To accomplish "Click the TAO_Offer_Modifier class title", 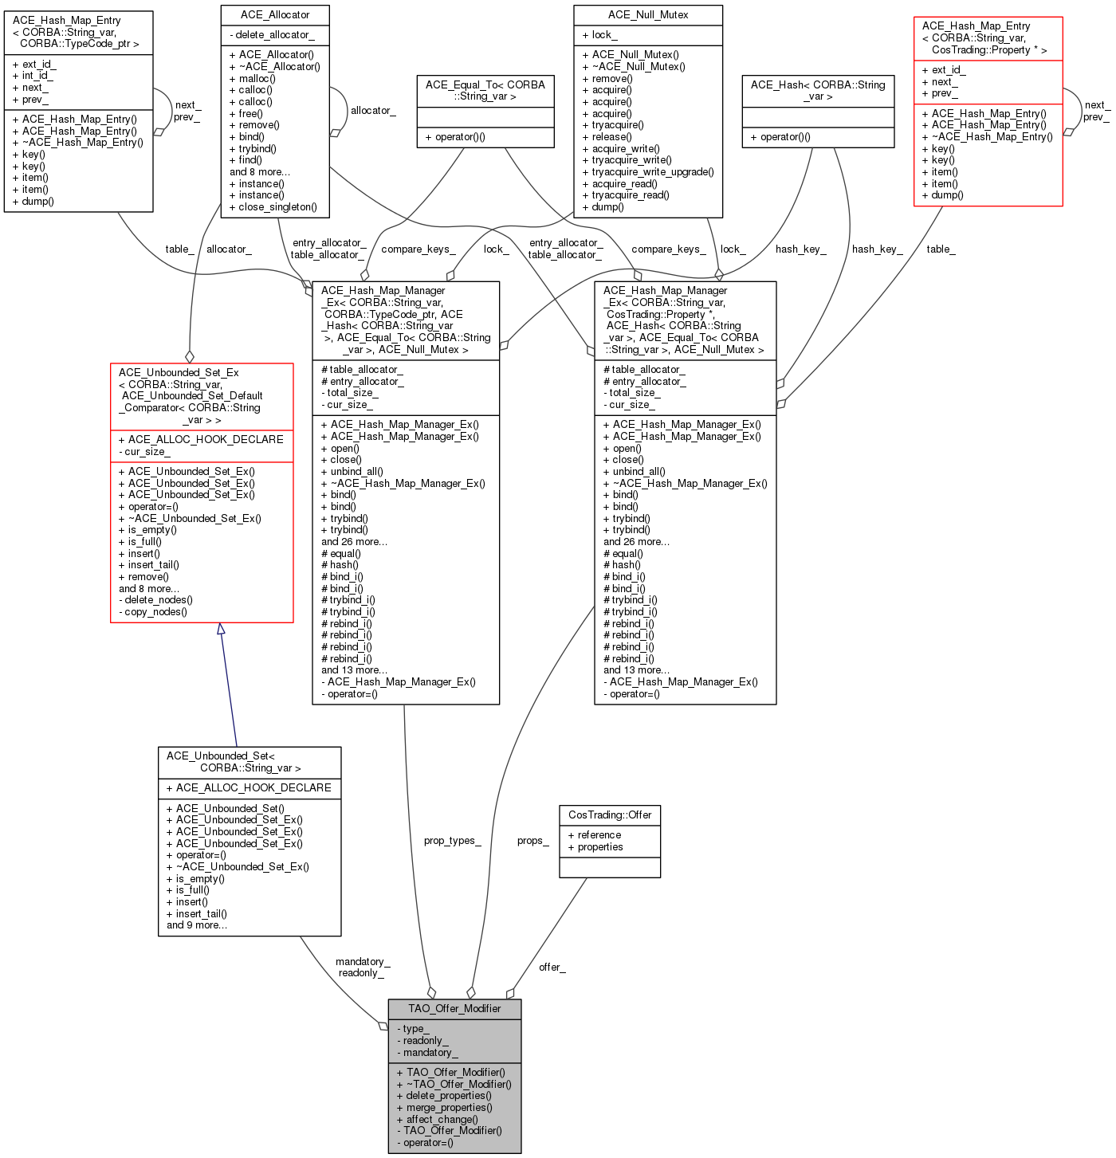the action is (454, 1008).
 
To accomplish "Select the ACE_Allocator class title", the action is (275, 15).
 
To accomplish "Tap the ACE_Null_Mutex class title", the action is (647, 15).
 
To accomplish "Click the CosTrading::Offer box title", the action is (610, 815).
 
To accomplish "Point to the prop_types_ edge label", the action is (452, 840).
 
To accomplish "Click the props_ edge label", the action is (532, 840).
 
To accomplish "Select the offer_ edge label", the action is (552, 967).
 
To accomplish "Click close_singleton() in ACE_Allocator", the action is (273, 207).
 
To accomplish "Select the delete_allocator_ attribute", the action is (272, 34).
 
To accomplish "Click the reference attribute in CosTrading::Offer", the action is (595, 835).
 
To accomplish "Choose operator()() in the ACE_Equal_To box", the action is (455, 137).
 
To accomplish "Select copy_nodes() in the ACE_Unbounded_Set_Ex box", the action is (153, 612).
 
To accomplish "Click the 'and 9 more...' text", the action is (197, 924).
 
